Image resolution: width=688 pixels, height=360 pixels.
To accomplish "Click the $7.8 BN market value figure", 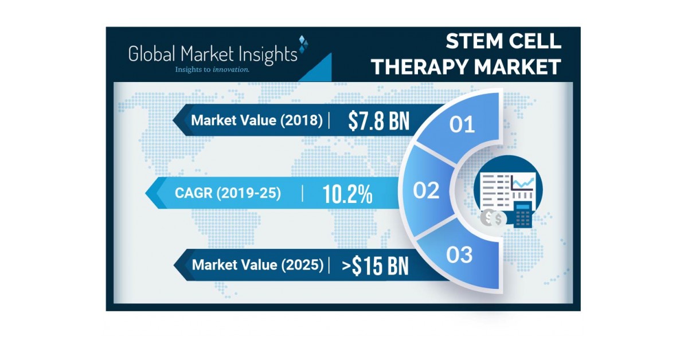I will point(378,120).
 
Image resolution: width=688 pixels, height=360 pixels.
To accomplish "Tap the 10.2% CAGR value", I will point(347,194).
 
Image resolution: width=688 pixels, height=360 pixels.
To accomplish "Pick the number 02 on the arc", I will point(426,190).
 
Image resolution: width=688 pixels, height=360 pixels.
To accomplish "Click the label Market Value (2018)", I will point(257,120).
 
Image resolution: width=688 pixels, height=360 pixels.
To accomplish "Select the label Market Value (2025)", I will point(258,265).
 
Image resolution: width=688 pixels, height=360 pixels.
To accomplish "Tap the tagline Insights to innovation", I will point(212,70).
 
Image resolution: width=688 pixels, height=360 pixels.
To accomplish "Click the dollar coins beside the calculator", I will point(494,217).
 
